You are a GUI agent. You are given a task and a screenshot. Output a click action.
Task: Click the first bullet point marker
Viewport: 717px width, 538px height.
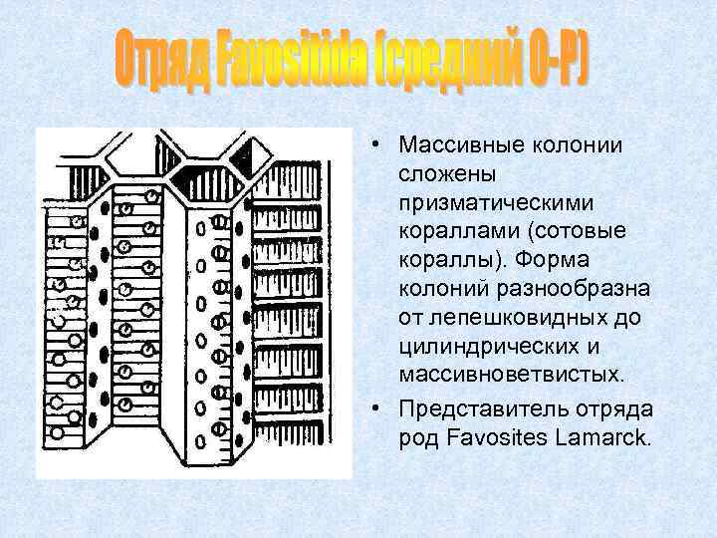point(383,145)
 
